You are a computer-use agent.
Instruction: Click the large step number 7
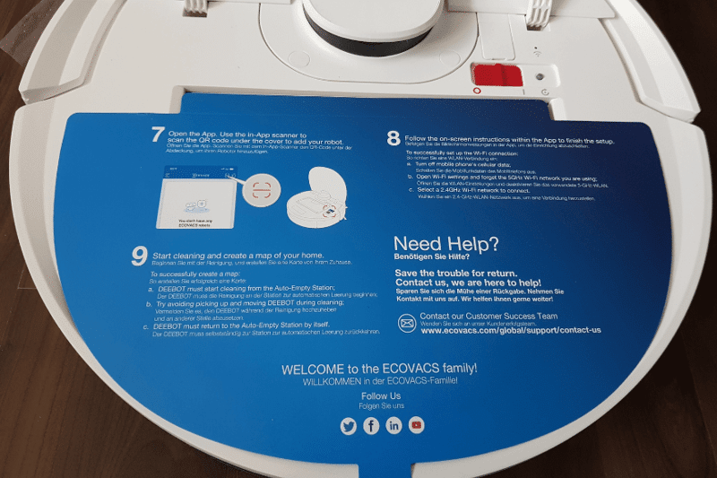point(158,135)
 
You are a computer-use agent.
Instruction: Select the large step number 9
point(139,256)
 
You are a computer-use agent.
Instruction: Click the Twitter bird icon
point(349,427)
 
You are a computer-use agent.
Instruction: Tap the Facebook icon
point(371,427)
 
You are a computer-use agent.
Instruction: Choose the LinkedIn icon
point(393,427)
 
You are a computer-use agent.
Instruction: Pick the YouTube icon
point(416,427)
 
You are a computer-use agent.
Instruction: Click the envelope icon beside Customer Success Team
point(407,323)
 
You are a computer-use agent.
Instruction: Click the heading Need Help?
point(446,244)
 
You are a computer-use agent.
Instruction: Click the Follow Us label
point(381,395)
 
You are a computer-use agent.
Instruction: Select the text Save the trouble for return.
point(464,273)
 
